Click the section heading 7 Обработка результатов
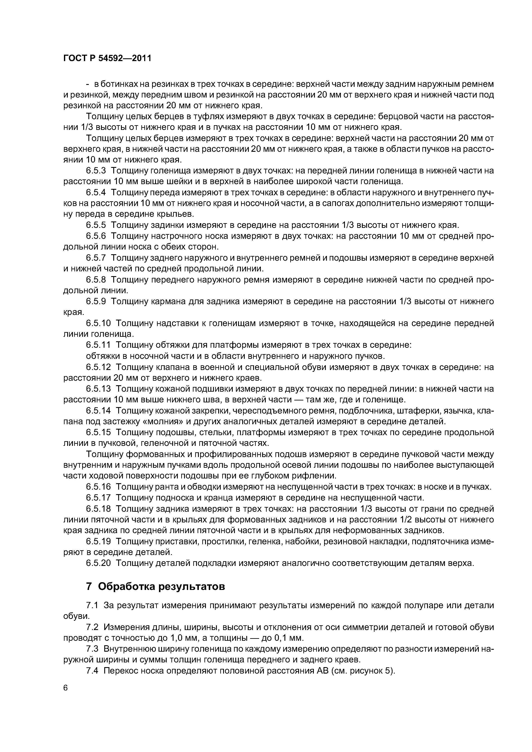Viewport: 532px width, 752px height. click(155, 586)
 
